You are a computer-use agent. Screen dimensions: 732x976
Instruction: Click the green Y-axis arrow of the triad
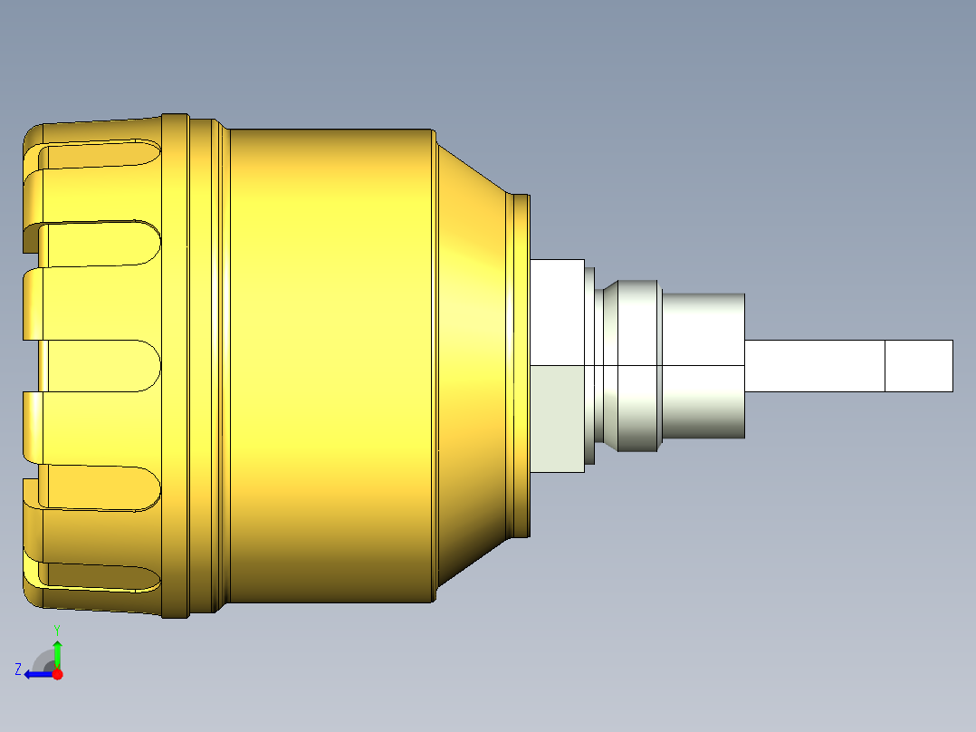(57, 653)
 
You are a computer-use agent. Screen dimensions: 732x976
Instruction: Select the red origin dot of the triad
(57, 674)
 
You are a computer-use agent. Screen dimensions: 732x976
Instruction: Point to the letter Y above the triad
(57, 629)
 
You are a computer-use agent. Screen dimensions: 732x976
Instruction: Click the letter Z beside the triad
(17, 669)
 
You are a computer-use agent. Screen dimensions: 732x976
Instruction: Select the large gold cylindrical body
(330, 362)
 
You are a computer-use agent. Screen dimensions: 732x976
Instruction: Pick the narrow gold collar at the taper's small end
(520, 362)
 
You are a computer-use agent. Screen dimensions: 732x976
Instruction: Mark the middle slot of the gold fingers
(100, 366)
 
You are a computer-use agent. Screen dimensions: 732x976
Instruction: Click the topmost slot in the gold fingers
(100, 156)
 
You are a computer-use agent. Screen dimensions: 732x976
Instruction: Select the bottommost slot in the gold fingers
(100, 576)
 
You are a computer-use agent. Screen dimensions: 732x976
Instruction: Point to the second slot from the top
(100, 244)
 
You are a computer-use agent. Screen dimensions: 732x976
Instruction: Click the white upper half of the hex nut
(557, 312)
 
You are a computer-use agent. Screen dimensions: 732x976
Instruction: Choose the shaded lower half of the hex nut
(557, 419)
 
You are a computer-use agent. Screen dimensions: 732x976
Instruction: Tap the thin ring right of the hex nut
(590, 362)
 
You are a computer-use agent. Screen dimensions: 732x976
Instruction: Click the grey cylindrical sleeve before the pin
(703, 362)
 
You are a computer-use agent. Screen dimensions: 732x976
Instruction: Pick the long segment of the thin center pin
(813, 366)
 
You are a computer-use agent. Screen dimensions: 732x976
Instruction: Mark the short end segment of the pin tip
(918, 366)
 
